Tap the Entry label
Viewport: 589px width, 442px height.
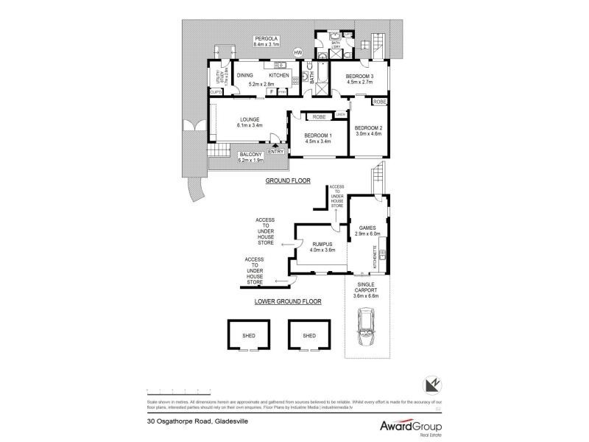pos(275,152)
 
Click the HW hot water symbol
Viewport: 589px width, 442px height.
pos(298,52)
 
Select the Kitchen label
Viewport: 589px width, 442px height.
pos(278,75)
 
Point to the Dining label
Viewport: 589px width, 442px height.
pos(245,75)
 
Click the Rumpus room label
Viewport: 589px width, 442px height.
pos(322,245)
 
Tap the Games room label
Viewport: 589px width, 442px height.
pos(367,229)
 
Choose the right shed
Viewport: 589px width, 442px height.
pos(309,335)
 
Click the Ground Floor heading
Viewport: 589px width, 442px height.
pos(289,180)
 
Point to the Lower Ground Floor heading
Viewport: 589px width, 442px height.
pos(289,301)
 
